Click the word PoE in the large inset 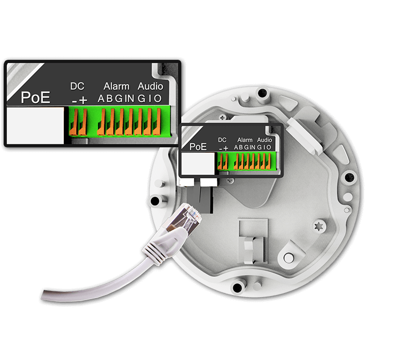tap(36, 97)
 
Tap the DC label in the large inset tap(77, 86)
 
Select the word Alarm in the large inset tap(116, 86)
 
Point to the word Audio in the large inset tap(150, 86)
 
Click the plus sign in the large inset tap(83, 100)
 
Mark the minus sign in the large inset tap(74, 101)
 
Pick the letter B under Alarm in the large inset tap(110, 99)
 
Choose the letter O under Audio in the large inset tap(158, 99)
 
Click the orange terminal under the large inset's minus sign tap(74, 122)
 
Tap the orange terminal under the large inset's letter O tap(157, 122)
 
